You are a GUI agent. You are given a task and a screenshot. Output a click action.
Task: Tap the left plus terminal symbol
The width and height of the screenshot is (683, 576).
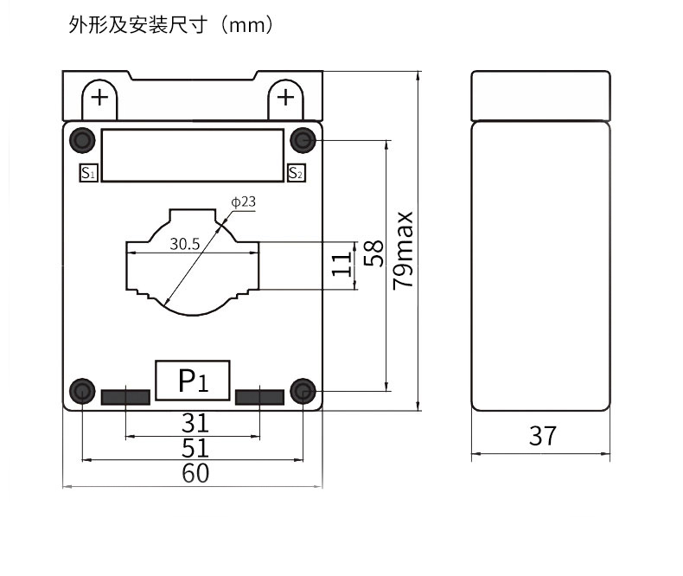(x=101, y=97)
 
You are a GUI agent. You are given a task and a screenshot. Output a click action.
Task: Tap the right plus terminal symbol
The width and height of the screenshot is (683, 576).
(x=285, y=97)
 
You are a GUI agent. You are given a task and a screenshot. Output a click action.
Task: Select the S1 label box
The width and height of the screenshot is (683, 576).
(x=88, y=172)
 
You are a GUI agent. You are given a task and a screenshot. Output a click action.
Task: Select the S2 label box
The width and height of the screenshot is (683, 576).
(x=296, y=172)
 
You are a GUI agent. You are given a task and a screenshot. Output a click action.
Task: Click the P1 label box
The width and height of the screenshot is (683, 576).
(x=193, y=381)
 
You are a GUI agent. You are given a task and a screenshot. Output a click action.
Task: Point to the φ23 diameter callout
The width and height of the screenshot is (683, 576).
(x=243, y=202)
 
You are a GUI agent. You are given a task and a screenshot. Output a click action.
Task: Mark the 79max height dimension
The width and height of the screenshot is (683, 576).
(x=403, y=250)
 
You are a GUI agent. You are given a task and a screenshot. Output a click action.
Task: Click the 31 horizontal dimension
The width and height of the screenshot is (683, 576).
(x=195, y=423)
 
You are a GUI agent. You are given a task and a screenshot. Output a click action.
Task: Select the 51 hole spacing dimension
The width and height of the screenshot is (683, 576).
(x=195, y=448)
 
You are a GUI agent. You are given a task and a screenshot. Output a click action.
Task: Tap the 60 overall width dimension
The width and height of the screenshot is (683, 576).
(x=195, y=473)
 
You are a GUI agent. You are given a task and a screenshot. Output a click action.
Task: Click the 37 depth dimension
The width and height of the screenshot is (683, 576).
(x=542, y=436)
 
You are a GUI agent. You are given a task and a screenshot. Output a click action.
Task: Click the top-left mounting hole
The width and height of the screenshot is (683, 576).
(x=82, y=139)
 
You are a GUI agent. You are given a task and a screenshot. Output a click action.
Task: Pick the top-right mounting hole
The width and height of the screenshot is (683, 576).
(x=303, y=139)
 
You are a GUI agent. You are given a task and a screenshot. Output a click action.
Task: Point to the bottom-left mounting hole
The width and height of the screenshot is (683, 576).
(x=82, y=392)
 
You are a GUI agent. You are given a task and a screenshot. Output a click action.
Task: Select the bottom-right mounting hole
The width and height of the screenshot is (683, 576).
(x=303, y=392)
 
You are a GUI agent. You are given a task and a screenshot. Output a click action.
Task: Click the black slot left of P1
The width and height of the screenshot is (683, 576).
(x=125, y=397)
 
